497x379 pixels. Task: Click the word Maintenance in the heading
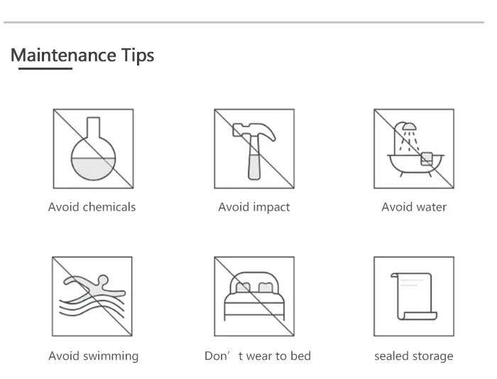point(63,55)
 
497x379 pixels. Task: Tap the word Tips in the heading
point(138,55)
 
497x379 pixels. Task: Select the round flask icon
point(93,149)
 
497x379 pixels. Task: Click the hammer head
point(254,132)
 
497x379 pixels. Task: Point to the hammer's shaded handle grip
point(254,167)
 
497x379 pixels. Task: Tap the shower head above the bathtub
point(409,127)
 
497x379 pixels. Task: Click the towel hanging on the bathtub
point(427,159)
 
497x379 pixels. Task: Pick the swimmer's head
point(103,280)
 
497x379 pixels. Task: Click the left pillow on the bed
point(243,287)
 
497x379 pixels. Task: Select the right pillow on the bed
point(266,287)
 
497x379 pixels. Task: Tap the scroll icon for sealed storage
point(414,297)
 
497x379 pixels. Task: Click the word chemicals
point(109,207)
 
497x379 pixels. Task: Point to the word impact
point(272,208)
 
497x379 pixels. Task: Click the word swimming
point(111,356)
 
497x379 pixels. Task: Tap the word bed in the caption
point(301,356)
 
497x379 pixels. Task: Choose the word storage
point(433,356)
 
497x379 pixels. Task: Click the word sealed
point(393,356)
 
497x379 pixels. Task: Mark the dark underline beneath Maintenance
point(45,68)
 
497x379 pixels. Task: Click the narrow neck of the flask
point(93,127)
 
